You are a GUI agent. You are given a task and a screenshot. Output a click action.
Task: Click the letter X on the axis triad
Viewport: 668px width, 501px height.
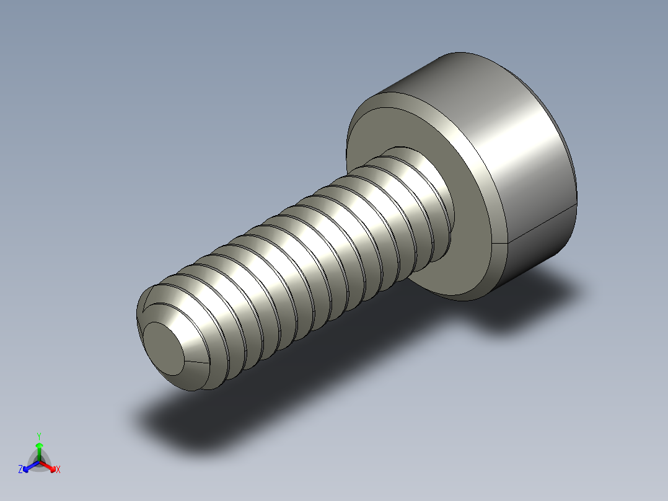click(x=58, y=470)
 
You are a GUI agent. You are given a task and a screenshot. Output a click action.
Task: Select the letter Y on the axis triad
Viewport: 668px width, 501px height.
click(x=38, y=436)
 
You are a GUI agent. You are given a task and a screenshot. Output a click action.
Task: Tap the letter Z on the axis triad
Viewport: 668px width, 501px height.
click(x=20, y=470)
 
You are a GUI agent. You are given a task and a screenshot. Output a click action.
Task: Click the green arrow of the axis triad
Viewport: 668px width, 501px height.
click(x=38, y=448)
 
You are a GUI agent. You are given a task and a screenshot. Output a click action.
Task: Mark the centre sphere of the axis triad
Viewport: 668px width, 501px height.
click(x=39, y=461)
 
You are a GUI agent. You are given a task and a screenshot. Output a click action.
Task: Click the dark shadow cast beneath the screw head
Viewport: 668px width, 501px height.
click(x=527, y=304)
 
